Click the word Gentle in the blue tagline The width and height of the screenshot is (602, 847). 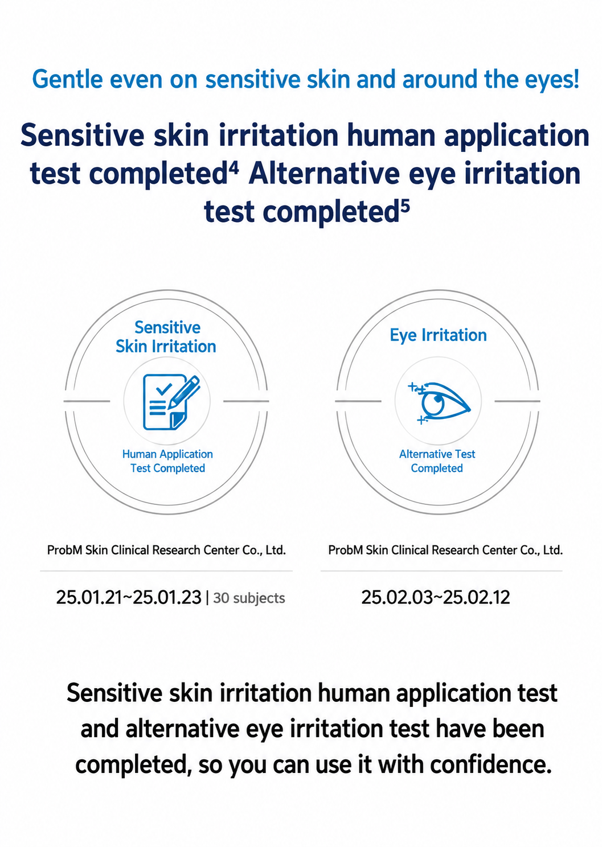pos(67,80)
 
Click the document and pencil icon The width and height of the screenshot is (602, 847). pos(171,402)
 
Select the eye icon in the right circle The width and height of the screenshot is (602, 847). pos(439,403)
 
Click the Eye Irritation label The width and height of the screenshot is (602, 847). pos(438,335)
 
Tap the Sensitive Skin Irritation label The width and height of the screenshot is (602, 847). pos(166,337)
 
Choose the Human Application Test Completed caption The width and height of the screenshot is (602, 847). pos(167,461)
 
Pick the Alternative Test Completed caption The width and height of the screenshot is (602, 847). pos(437,461)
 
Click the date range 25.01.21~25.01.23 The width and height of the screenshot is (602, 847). pos(129,598)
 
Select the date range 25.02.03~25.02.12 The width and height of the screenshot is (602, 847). pos(436,598)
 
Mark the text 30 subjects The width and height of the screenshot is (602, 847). pos(249,598)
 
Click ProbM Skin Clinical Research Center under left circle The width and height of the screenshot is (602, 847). pos(166,550)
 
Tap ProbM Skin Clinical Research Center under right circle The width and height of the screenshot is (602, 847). pos(445,550)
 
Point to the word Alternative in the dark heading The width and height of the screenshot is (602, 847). pos(324,174)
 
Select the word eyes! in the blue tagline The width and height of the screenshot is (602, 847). pos(552,80)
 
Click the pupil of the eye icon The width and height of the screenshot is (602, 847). pos(438,398)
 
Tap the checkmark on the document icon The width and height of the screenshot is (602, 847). pos(164,389)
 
